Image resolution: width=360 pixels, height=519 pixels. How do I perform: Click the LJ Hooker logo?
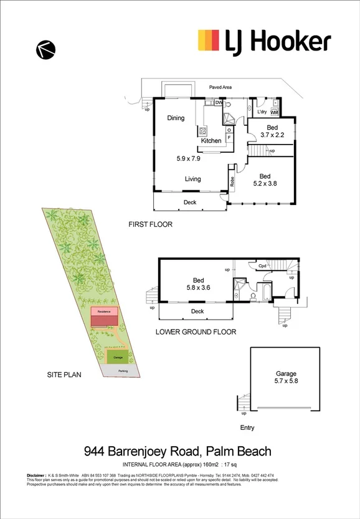click(x=264, y=41)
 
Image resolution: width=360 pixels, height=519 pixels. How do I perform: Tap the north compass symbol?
click(x=46, y=49)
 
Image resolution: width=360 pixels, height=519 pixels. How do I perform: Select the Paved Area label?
click(x=220, y=88)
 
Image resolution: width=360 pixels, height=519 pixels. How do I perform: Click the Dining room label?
click(x=176, y=118)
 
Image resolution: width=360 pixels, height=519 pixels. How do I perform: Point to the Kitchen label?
click(x=211, y=141)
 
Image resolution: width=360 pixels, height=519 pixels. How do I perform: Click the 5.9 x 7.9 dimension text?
click(x=189, y=159)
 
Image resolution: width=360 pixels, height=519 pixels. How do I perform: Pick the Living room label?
click(x=192, y=179)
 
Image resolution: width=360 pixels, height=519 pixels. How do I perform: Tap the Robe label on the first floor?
click(x=232, y=183)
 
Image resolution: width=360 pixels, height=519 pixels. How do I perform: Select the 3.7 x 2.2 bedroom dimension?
click(x=272, y=135)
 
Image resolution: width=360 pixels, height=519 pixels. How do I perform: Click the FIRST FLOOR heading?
click(x=150, y=224)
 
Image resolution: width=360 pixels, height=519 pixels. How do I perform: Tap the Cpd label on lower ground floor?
click(x=263, y=266)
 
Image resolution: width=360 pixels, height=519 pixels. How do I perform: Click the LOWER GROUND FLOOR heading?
click(x=196, y=332)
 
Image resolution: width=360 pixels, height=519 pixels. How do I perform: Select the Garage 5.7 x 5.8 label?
click(x=287, y=376)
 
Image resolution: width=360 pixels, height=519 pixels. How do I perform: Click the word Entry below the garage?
click(x=247, y=428)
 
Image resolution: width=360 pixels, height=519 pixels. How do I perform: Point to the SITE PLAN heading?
click(x=65, y=375)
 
